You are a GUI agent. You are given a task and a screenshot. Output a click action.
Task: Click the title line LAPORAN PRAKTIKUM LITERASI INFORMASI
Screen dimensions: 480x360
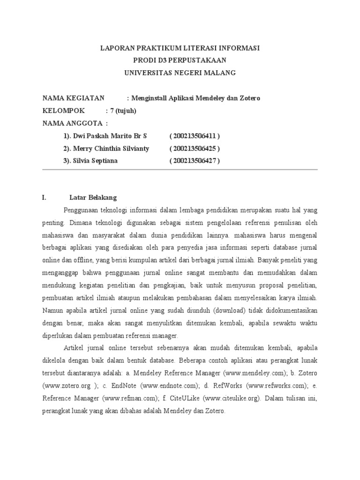[180, 48]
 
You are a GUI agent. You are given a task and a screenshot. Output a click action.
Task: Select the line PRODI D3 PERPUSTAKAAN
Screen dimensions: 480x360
[180, 60]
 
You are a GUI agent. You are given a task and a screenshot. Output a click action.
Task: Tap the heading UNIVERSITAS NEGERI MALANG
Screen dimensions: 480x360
[180, 73]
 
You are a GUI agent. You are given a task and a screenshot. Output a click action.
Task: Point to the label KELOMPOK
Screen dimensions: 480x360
[64, 111]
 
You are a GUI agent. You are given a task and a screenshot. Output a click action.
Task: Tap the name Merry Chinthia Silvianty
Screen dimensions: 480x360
[110, 149]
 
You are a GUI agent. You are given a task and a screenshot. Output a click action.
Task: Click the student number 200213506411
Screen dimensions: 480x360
[195, 136]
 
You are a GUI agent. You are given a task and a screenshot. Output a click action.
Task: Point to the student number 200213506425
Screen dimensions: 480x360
[195, 149]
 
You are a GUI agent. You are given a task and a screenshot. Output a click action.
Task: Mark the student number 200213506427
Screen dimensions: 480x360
[195, 161]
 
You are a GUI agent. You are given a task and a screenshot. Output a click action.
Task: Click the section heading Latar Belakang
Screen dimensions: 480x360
[93, 198]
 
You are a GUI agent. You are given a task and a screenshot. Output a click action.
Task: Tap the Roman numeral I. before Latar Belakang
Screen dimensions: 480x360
[45, 198]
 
